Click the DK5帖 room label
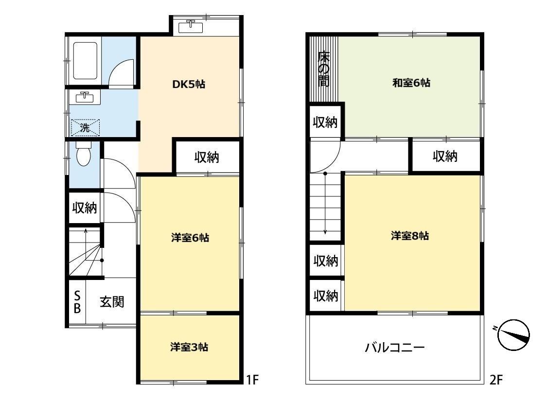[x=189, y=84]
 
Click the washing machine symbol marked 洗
[x=85, y=128]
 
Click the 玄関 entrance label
[x=112, y=302]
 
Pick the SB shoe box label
[x=77, y=302]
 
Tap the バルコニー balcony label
[x=395, y=348]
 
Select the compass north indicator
[x=514, y=335]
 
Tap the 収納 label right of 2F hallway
[x=445, y=157]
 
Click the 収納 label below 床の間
[x=324, y=122]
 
